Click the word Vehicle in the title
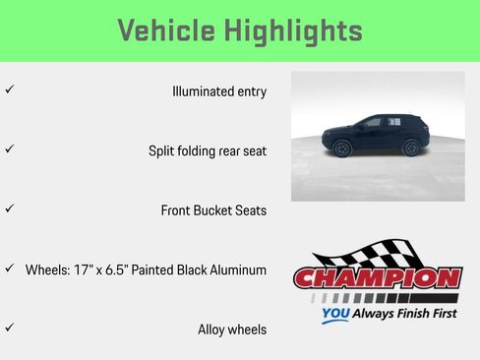tap(166, 30)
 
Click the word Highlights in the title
tap(291, 30)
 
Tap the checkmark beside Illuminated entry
tap(9, 90)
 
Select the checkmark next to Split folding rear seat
tap(9, 150)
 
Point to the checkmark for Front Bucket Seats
tap(9, 209)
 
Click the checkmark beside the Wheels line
tap(9, 268)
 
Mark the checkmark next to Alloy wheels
tap(9, 328)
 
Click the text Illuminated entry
tap(218, 91)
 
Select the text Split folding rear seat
tap(207, 151)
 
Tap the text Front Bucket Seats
tap(213, 210)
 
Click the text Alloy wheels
tap(231, 330)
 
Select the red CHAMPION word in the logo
tap(378, 278)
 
